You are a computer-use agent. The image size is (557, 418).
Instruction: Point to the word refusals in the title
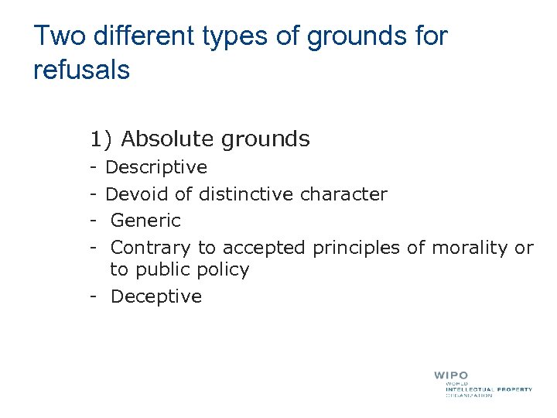[x=81, y=70]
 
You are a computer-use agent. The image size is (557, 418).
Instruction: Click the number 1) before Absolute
[x=101, y=139]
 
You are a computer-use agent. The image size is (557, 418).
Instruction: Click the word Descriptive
[x=156, y=167]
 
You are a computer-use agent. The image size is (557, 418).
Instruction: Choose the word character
[x=343, y=194]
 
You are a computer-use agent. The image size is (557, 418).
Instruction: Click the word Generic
[x=145, y=221]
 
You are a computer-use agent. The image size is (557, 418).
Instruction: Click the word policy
[x=223, y=270]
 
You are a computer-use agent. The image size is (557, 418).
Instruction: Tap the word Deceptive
[x=156, y=296]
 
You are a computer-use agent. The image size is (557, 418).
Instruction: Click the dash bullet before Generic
[x=92, y=221]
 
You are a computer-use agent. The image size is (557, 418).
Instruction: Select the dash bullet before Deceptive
[x=92, y=296]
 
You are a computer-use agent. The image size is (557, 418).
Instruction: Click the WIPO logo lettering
[x=451, y=375]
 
